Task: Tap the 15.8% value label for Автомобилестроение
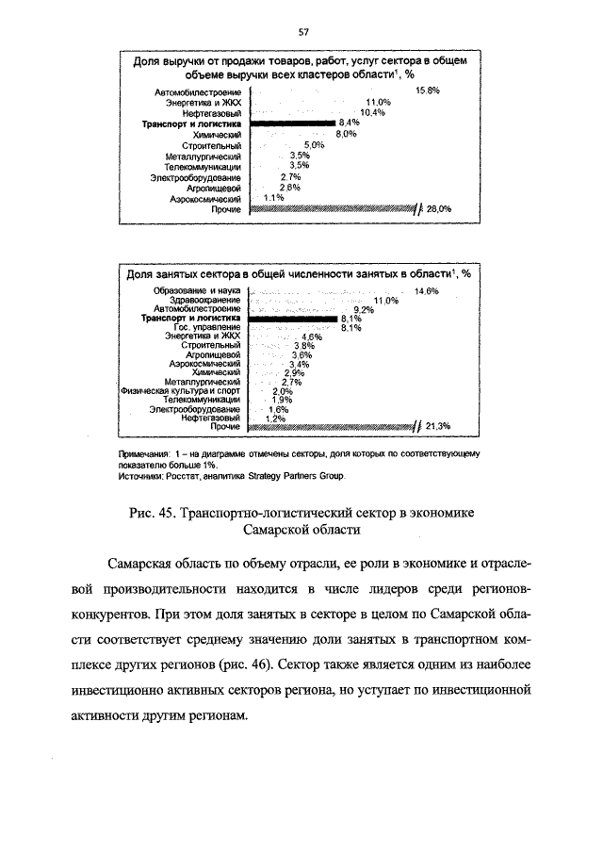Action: [428, 90]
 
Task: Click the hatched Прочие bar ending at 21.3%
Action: [330, 426]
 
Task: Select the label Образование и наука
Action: [198, 291]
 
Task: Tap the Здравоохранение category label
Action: [205, 300]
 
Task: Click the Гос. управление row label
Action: [207, 327]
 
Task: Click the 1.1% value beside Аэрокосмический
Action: [273, 198]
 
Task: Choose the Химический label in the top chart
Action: [219, 135]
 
